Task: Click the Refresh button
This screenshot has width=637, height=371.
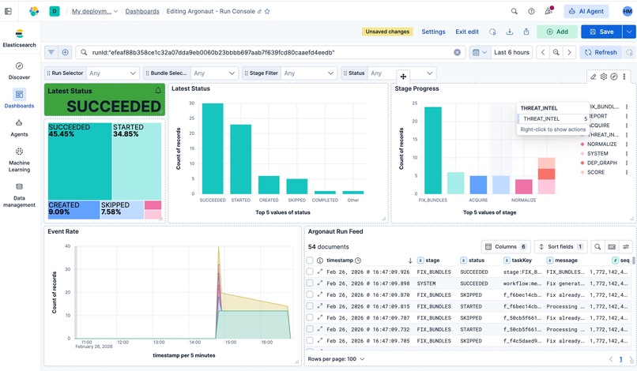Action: click(600, 52)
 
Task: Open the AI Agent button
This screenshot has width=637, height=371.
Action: click(586, 11)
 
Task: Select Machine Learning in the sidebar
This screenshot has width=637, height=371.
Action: click(19, 159)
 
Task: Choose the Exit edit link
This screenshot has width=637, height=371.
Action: click(467, 32)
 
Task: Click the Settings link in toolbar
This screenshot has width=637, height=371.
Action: click(433, 32)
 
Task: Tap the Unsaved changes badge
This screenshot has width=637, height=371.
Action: click(386, 32)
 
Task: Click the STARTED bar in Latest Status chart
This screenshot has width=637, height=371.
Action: click(241, 159)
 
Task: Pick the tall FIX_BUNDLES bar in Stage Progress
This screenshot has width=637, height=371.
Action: click(432, 150)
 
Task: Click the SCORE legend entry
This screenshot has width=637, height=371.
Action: click(597, 172)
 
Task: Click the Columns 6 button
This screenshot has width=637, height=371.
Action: click(506, 247)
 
